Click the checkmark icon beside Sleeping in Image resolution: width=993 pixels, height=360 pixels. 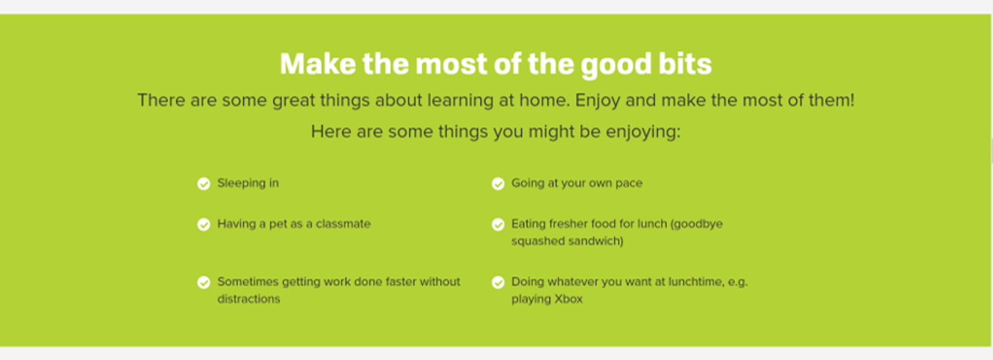(204, 184)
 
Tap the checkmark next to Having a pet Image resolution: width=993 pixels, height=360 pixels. (204, 225)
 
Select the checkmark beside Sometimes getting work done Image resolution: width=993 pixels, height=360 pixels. (204, 282)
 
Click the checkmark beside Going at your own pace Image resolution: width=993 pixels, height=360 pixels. (498, 184)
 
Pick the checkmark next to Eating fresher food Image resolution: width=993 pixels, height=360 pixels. (498, 225)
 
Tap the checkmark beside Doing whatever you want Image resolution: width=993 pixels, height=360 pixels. (498, 282)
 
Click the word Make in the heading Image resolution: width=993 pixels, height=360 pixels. (318, 64)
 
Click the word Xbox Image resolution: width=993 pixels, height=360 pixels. (568, 299)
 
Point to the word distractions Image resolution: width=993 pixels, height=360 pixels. (249, 299)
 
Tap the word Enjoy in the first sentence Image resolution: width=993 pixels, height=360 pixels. (597, 101)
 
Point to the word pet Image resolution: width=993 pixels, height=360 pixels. (278, 224)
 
